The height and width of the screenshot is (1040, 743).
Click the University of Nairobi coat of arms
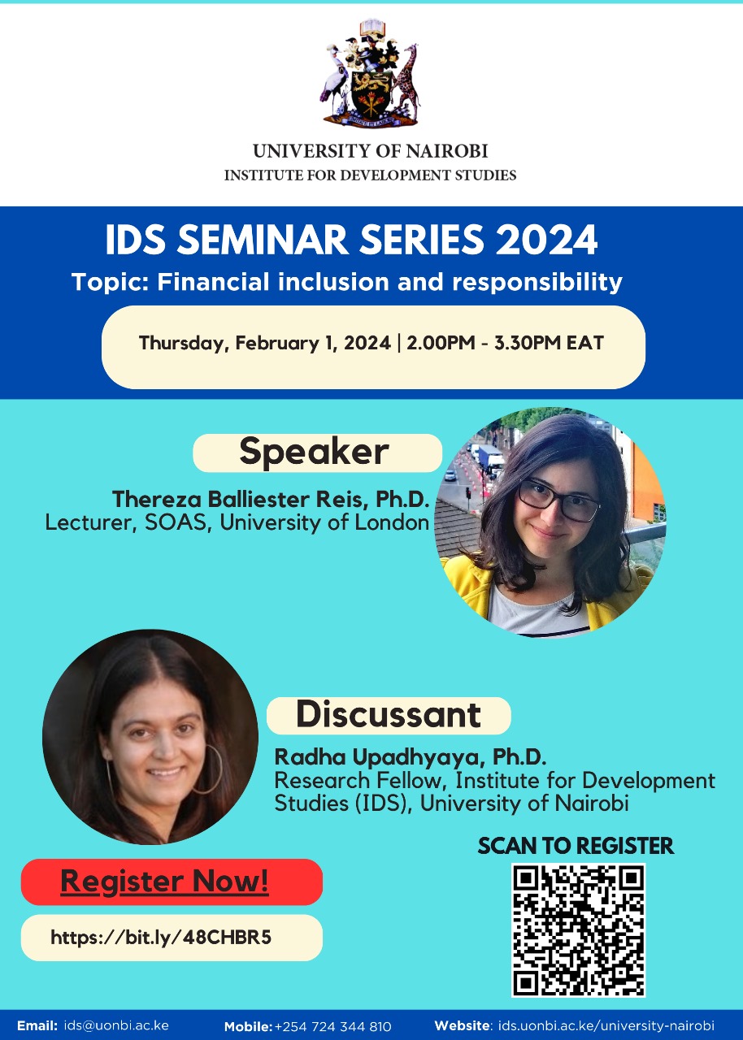[371, 73]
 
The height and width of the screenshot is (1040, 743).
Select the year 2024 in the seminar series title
[546, 240]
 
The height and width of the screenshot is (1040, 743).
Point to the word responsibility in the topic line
[537, 283]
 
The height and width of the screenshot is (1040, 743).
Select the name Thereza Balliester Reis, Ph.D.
[270, 500]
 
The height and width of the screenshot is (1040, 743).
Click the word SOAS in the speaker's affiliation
[175, 522]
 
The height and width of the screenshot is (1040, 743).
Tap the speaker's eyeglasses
[559, 500]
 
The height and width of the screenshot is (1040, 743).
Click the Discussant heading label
[389, 716]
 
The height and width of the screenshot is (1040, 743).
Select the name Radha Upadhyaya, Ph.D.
[410, 756]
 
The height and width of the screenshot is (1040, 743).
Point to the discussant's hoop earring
[209, 769]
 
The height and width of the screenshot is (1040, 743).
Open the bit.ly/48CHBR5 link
[161, 938]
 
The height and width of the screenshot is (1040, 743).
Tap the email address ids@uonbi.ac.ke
[116, 1025]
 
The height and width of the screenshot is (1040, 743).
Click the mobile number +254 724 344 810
[333, 1026]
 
